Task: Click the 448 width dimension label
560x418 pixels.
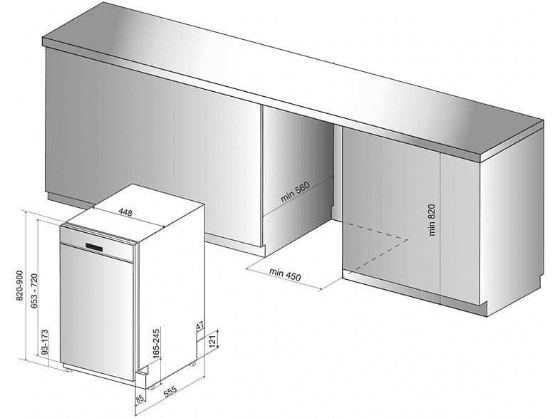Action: coord(125,213)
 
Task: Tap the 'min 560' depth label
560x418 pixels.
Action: coord(295,192)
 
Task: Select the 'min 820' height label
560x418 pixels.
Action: coord(432,219)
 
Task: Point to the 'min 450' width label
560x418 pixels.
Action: coord(285,274)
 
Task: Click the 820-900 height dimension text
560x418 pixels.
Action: coord(20,286)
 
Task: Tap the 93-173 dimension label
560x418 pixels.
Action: coord(45,342)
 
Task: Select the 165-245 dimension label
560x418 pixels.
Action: coord(156,343)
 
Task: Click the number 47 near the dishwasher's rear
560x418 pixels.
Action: coord(200,325)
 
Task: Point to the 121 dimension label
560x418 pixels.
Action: coord(212,341)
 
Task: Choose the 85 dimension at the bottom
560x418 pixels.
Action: coord(140,398)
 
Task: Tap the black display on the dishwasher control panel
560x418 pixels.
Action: coord(94,247)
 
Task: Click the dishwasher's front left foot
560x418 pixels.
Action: coord(68,369)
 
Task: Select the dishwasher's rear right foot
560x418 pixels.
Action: coord(192,364)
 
